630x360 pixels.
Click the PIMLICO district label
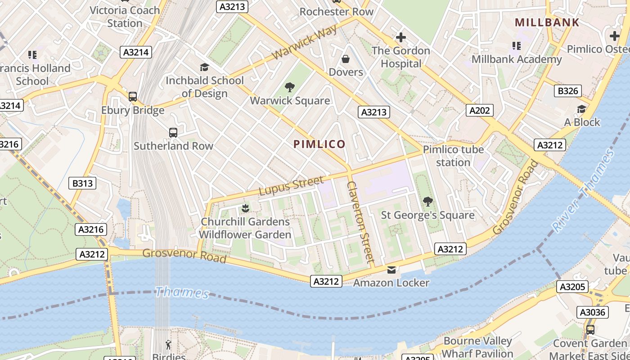click(319, 144)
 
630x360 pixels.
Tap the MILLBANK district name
click(547, 22)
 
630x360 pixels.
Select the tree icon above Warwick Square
click(290, 87)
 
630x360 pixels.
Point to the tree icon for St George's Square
click(427, 202)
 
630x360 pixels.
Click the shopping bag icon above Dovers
click(346, 59)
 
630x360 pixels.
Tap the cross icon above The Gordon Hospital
click(400, 37)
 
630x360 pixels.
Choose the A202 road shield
click(481, 110)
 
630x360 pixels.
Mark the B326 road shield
click(568, 91)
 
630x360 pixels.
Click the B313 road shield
click(82, 183)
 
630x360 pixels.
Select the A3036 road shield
click(593, 312)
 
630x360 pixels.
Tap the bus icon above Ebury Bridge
click(132, 97)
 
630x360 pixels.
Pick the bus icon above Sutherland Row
click(173, 133)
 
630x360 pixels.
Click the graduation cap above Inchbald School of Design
click(204, 67)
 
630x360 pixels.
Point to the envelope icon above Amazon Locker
click(391, 270)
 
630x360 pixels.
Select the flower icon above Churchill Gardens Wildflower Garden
click(245, 208)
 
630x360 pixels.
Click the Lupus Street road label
click(291, 186)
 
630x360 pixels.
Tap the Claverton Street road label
click(360, 222)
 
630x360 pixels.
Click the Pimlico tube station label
click(453, 156)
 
